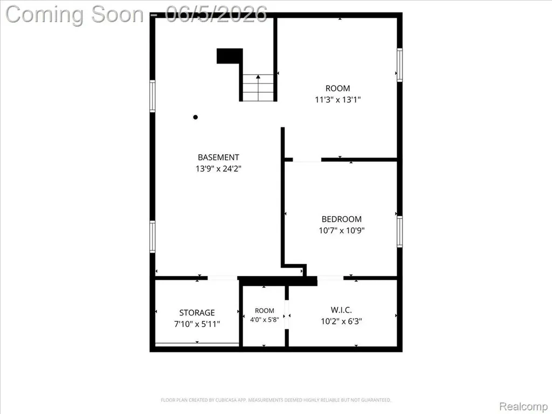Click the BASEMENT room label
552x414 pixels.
pyautogui.click(x=218, y=157)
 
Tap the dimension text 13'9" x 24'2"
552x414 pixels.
pyautogui.click(x=218, y=169)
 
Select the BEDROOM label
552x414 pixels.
pyautogui.click(x=341, y=219)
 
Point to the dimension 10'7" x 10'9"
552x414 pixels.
pyautogui.click(x=341, y=231)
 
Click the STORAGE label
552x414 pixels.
pyautogui.click(x=197, y=313)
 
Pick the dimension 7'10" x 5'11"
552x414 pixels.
pyautogui.click(x=197, y=324)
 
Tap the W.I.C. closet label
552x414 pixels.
pyautogui.click(x=341, y=310)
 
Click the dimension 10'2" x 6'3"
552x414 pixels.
pyautogui.click(x=341, y=321)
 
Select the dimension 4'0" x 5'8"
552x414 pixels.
pyautogui.click(x=264, y=320)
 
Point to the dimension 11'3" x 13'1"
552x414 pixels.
pyautogui.click(x=337, y=100)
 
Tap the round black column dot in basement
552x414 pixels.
pyautogui.click(x=195, y=117)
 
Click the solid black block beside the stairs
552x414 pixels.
pyautogui.click(x=230, y=56)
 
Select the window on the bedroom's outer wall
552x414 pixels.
pyautogui.click(x=399, y=232)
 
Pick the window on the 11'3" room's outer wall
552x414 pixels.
pyautogui.click(x=399, y=65)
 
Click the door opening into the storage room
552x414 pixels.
pyautogui.click(x=222, y=278)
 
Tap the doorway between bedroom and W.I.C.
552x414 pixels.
pyautogui.click(x=330, y=278)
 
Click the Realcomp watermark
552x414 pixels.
pyautogui.click(x=523, y=406)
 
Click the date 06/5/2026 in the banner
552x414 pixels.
pyautogui.click(x=216, y=14)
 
